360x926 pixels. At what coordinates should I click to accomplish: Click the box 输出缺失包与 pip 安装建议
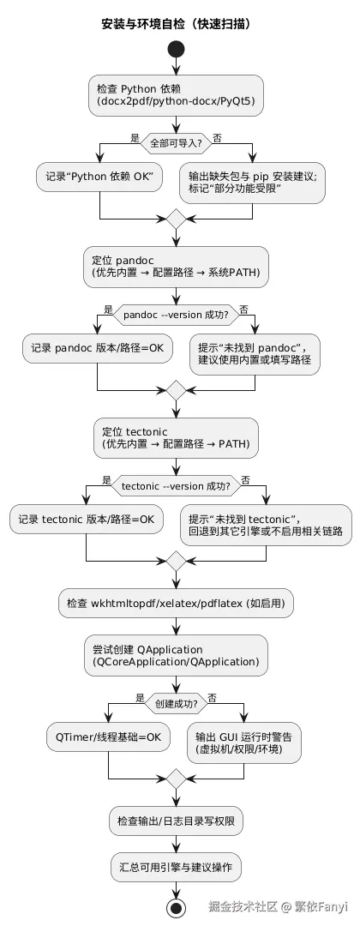point(252,183)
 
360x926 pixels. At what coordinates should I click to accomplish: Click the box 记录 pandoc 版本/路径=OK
point(97,348)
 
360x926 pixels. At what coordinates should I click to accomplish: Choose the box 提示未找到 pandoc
point(255,354)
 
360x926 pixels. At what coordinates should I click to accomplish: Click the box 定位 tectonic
point(176,438)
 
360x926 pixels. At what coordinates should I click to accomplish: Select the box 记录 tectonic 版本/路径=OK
point(87,519)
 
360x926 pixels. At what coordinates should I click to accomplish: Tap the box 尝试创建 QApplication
point(176,656)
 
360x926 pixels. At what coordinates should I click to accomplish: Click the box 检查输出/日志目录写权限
point(176,821)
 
